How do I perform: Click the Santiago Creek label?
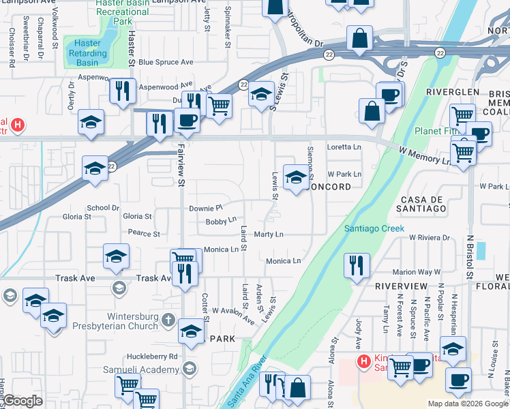374,228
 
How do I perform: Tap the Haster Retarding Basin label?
87,53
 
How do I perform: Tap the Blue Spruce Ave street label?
166,62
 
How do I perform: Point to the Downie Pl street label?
206,207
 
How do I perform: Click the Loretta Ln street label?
344,147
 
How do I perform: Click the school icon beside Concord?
295,178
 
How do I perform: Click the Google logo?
22,401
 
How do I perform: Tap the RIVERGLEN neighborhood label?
449,92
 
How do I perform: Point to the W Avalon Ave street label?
233,314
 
